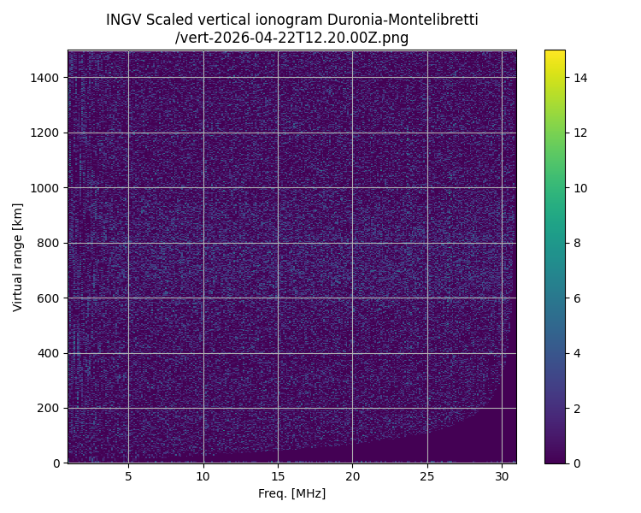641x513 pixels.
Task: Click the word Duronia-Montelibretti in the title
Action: (x=403, y=20)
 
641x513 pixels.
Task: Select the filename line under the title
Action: (x=292, y=38)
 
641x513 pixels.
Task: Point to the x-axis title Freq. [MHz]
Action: (x=292, y=493)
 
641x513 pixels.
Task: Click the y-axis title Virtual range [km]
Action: (x=18, y=256)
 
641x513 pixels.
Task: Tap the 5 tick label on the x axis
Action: (x=128, y=476)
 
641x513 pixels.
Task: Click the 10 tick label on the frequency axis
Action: (x=203, y=476)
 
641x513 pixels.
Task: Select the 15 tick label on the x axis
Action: (x=278, y=476)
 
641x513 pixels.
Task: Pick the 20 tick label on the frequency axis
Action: (x=352, y=476)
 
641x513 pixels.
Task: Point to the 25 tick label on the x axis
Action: (x=427, y=476)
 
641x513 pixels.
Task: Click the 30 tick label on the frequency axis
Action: (x=502, y=476)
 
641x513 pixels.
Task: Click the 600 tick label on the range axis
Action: (x=49, y=298)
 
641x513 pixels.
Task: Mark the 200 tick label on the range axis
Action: (x=49, y=408)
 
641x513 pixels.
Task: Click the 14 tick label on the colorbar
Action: (x=580, y=78)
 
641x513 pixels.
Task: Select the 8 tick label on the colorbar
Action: (x=577, y=243)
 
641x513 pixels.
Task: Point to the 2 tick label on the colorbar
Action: (x=577, y=408)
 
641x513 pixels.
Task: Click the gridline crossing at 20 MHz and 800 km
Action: (x=352, y=243)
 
